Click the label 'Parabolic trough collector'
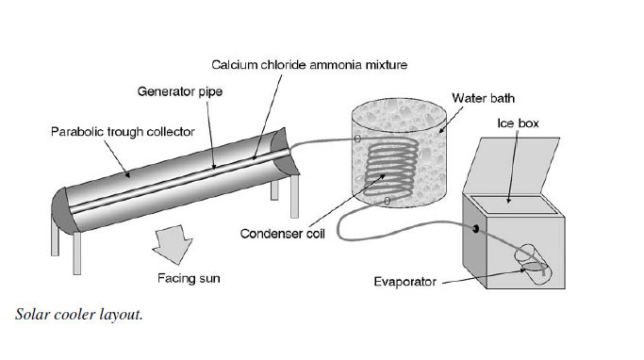(x=123, y=132)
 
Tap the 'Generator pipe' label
(x=180, y=91)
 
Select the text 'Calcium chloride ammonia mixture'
(x=309, y=65)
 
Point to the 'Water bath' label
(x=483, y=98)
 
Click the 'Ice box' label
(x=518, y=123)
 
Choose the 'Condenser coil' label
(x=282, y=234)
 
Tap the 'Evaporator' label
(x=405, y=282)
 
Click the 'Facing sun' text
(x=189, y=278)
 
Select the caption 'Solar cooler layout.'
(x=79, y=315)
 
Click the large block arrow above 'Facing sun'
(x=173, y=244)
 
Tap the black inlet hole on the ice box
(x=475, y=229)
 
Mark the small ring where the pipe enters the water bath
(x=357, y=139)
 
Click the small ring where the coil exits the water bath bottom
(x=387, y=201)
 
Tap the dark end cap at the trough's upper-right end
(x=285, y=151)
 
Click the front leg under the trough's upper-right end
(x=294, y=196)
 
